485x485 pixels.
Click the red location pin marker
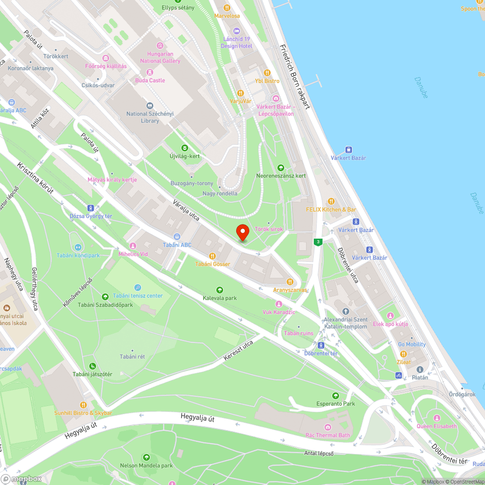[x=242, y=232]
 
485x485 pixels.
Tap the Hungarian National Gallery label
[x=160, y=58]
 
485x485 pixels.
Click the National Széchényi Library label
[x=143, y=117]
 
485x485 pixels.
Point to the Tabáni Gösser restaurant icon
[x=212, y=256]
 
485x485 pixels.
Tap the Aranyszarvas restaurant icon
[x=290, y=281]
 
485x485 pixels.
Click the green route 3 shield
[x=318, y=242]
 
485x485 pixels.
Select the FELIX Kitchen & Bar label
[x=331, y=210]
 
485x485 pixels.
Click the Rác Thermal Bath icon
[x=328, y=427]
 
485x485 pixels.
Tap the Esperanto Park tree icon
[x=335, y=396]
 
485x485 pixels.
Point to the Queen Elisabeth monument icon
[x=436, y=418]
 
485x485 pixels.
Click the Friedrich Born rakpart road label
[x=294, y=77]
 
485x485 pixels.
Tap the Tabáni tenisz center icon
[x=138, y=288]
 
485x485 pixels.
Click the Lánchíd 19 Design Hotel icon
[x=237, y=31]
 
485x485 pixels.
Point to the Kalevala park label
[x=220, y=298]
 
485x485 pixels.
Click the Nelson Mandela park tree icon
[x=146, y=457]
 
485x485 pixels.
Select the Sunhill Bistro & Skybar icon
[x=83, y=404]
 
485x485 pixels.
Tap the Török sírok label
[x=269, y=229]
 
